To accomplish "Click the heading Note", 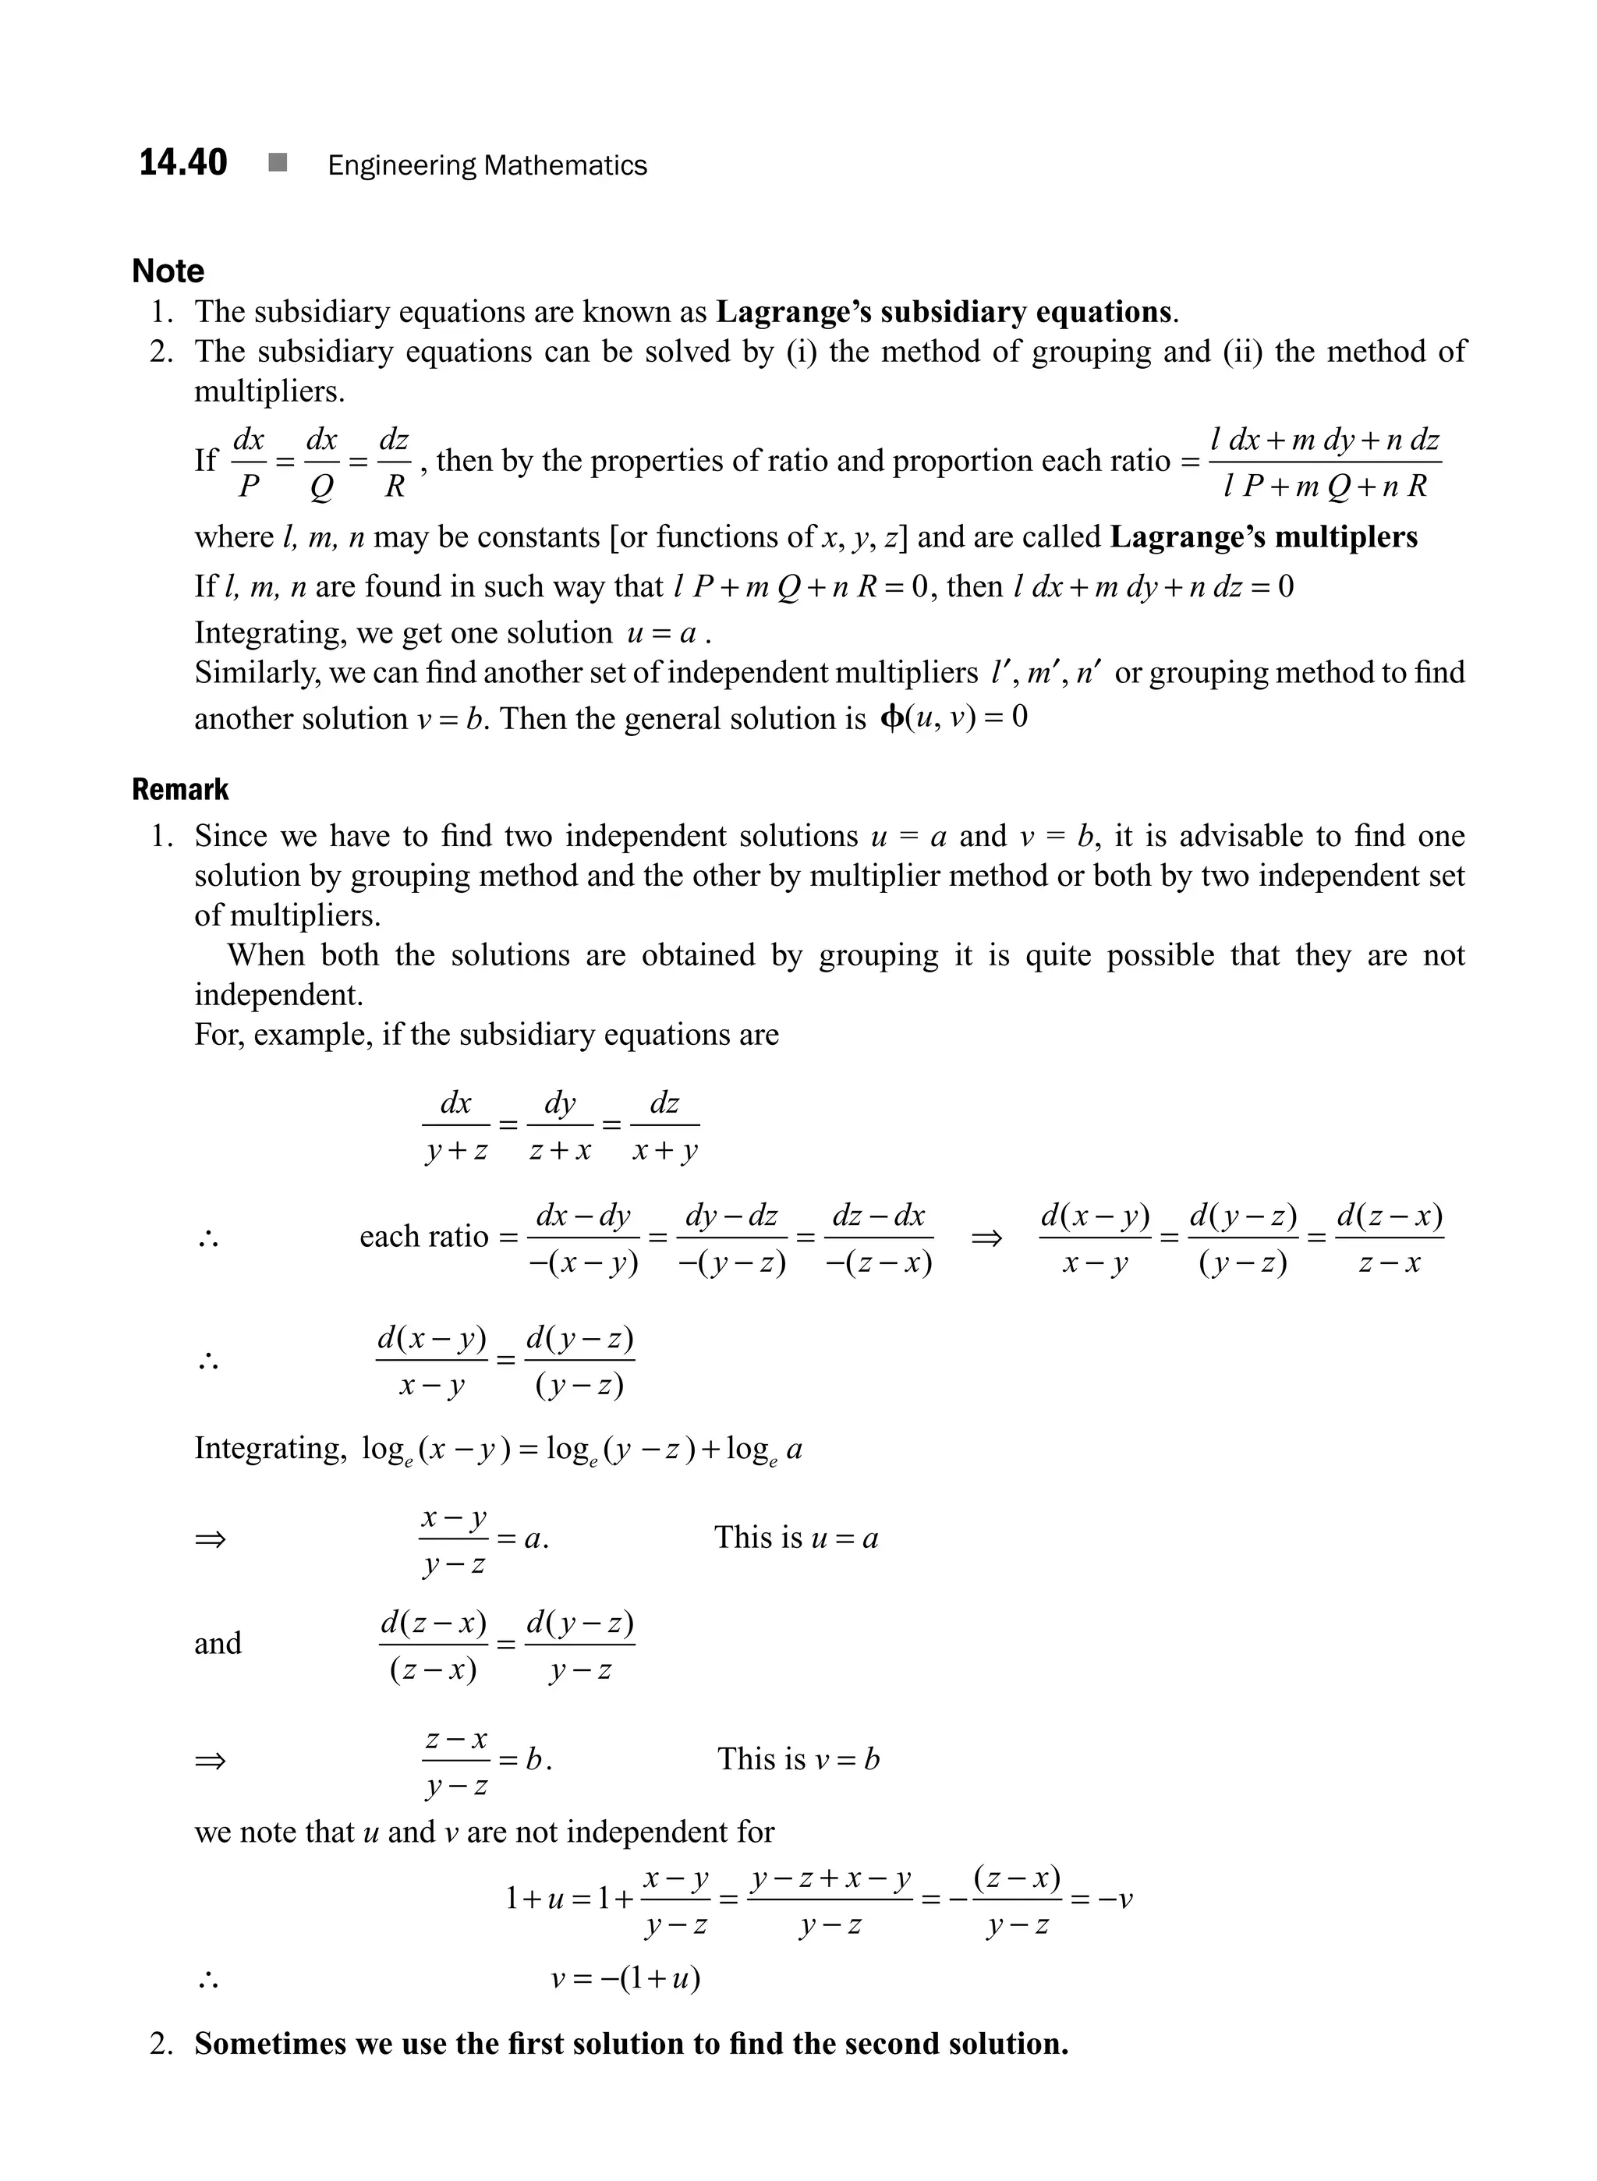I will [168, 271].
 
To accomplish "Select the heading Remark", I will [180, 790].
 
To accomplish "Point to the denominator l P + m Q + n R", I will [1324, 487].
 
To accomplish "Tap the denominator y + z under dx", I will [456, 1152].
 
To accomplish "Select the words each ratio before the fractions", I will [423, 1237].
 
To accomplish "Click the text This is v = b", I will [798, 1759].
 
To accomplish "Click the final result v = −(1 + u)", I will [625, 1978].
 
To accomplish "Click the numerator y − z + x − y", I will [830, 1879].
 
